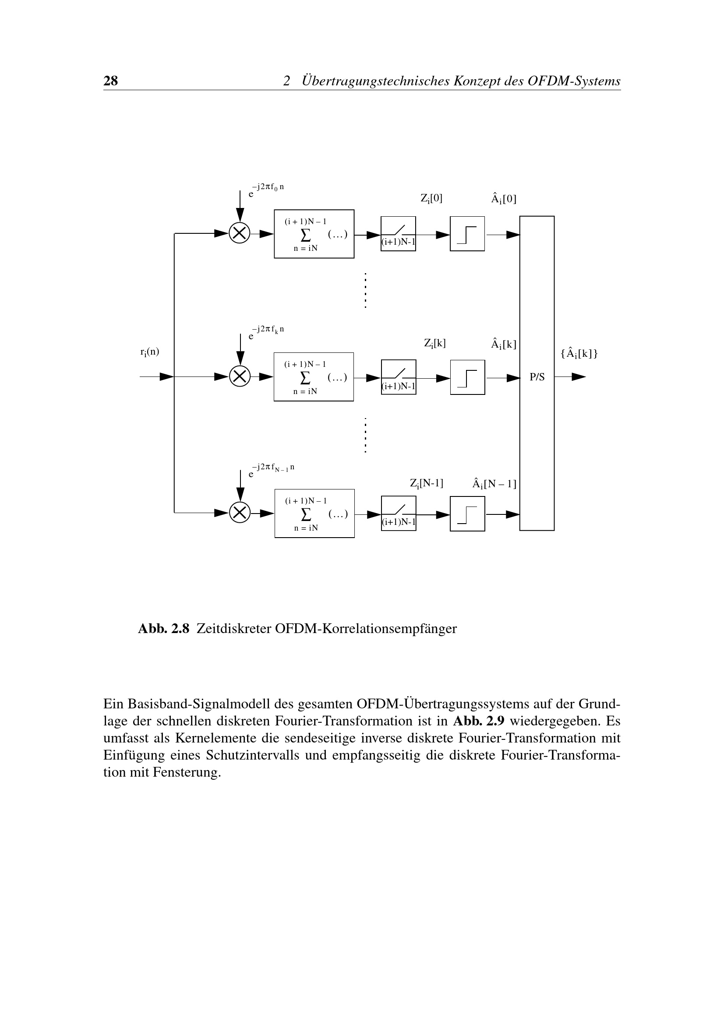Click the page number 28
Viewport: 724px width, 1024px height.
[x=111, y=81]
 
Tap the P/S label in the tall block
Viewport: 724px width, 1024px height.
[x=537, y=377]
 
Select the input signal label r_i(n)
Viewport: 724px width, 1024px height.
[x=149, y=352]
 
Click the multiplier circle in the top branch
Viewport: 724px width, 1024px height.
[x=240, y=233]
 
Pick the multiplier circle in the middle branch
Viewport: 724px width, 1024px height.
[x=240, y=377]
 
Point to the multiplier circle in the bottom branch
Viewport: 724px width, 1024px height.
[x=240, y=513]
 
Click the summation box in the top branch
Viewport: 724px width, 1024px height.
[x=314, y=234]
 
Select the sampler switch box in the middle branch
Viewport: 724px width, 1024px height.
[x=399, y=377]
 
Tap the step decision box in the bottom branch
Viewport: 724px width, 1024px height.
[x=467, y=514]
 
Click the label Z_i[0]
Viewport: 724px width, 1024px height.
[x=431, y=199]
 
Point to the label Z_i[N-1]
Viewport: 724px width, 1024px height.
[x=427, y=483]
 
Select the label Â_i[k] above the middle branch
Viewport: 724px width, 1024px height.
[x=504, y=344]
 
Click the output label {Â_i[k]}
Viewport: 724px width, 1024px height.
[x=579, y=354]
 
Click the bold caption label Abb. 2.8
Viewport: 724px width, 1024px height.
[x=164, y=628]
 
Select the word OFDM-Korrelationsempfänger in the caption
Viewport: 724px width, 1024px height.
[x=366, y=628]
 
